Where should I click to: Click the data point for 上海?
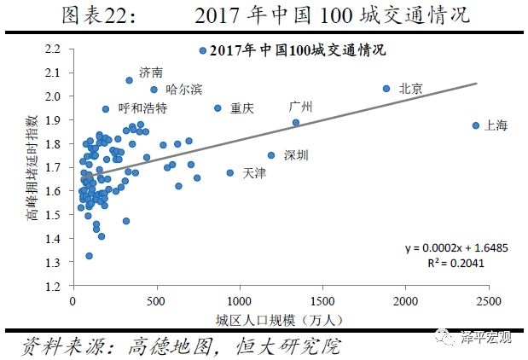(476, 125)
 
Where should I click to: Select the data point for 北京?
(386, 88)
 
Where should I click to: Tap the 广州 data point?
(296, 122)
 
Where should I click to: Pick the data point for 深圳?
(271, 155)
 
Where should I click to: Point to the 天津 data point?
(229, 172)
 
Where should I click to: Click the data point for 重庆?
(218, 108)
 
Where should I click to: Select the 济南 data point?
(130, 80)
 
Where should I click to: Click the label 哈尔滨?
(184, 89)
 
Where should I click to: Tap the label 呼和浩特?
(142, 109)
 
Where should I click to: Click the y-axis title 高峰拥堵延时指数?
(31, 168)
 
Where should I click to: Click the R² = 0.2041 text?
(446, 263)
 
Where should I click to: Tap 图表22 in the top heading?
(94, 15)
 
